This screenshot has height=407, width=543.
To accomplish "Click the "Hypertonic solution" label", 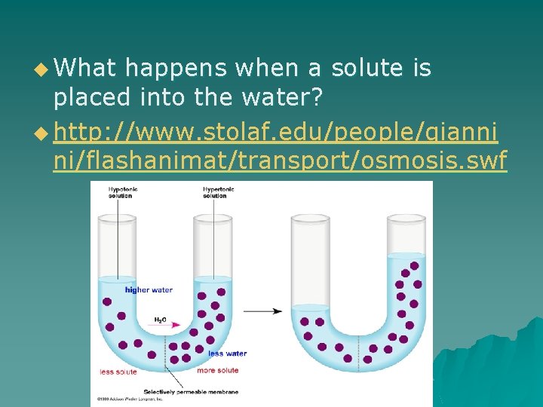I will pyautogui.click(x=219, y=192).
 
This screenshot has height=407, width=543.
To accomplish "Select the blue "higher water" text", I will pyautogui.click(x=149, y=290).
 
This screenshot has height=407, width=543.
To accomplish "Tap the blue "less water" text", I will pyautogui.click(x=227, y=353).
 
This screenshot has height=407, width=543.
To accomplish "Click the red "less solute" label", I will pyautogui.click(x=118, y=371).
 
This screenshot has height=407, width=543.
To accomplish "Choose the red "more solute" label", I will pyautogui.click(x=218, y=371).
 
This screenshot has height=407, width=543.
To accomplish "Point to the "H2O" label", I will pyautogui.click(x=161, y=319).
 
